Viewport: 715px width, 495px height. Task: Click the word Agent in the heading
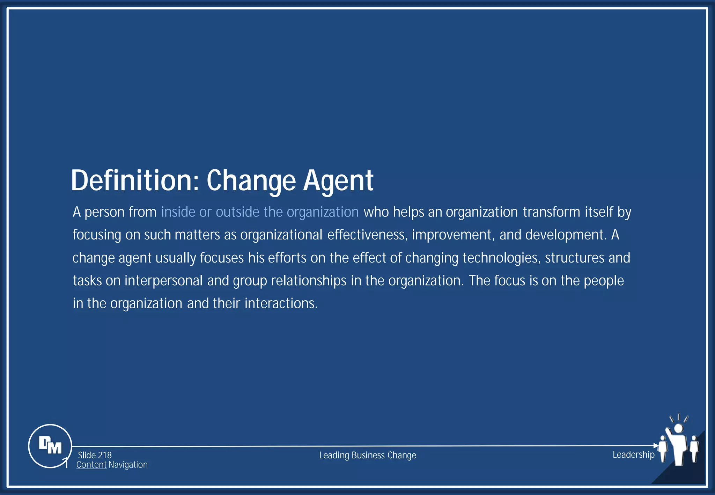pyautogui.click(x=338, y=180)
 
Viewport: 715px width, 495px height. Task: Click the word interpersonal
pyautogui.click(x=163, y=281)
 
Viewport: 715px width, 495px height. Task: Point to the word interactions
pyautogui.click(x=281, y=303)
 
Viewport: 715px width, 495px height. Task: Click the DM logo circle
pyautogui.click(x=50, y=446)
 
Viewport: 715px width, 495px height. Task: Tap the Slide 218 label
pyautogui.click(x=95, y=455)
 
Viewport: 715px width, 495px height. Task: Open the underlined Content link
pyautogui.click(x=91, y=465)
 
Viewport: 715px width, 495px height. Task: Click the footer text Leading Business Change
pyautogui.click(x=368, y=455)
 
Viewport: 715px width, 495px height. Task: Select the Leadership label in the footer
pyautogui.click(x=633, y=455)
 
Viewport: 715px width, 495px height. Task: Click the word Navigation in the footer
pyautogui.click(x=128, y=465)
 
